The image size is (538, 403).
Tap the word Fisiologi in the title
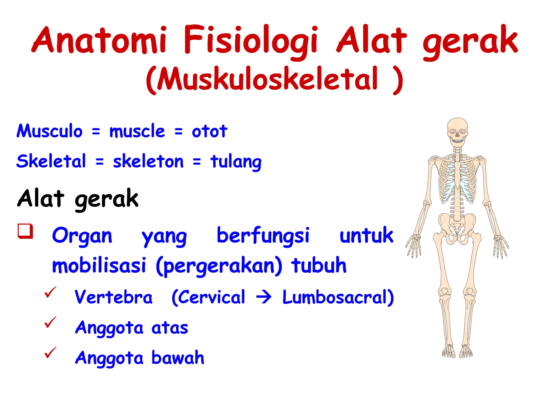pyautogui.click(x=251, y=41)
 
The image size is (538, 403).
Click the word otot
pyautogui.click(x=209, y=131)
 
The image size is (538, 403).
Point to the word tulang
pyautogui.click(x=236, y=161)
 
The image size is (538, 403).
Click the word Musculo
pyautogui.click(x=49, y=131)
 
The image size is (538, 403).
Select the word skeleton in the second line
pyautogui.click(x=148, y=161)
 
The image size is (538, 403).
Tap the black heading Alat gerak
pyautogui.click(x=77, y=199)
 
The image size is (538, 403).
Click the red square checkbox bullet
pyautogui.click(x=25, y=231)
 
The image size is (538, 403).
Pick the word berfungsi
pyautogui.click(x=263, y=235)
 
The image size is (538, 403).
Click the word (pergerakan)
pyautogui.click(x=219, y=266)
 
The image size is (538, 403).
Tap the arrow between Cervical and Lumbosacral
pyautogui.click(x=264, y=298)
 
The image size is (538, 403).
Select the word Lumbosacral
pyautogui.click(x=338, y=298)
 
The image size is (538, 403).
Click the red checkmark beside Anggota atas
pyautogui.click(x=50, y=322)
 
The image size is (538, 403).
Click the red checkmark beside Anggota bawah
pyautogui.click(x=50, y=352)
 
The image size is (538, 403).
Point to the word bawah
pyautogui.click(x=178, y=358)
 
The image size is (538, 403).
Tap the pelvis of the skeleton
pyautogui.click(x=457, y=226)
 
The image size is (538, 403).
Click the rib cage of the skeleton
pyautogui.click(x=457, y=178)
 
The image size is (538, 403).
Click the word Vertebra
pyautogui.click(x=113, y=298)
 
